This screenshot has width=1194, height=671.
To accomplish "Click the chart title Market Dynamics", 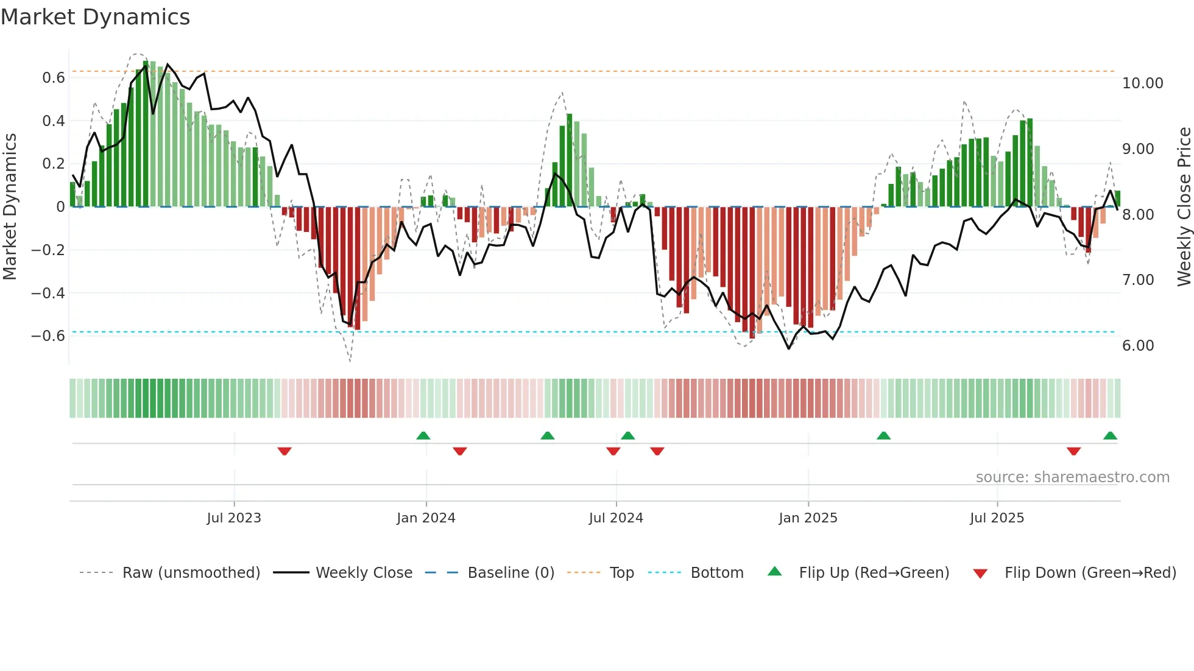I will click(x=95, y=17).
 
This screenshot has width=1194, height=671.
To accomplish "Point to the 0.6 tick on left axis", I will click(x=54, y=78).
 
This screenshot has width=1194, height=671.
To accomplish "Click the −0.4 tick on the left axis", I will click(x=48, y=293).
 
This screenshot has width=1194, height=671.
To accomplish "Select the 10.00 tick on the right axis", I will click(x=1142, y=83).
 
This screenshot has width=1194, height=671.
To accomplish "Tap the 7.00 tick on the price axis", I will click(x=1137, y=280).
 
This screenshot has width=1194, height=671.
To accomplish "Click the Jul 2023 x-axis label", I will click(x=234, y=518).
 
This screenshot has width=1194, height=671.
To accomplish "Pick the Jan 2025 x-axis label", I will click(x=808, y=518).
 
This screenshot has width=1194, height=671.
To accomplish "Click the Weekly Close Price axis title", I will click(x=1184, y=207).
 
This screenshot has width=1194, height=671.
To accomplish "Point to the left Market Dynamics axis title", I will click(x=10, y=207).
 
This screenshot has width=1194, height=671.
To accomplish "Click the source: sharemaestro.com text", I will click(x=1072, y=477).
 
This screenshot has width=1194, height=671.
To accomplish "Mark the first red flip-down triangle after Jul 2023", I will click(x=284, y=451).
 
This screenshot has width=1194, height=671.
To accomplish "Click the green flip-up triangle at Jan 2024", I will click(x=423, y=435).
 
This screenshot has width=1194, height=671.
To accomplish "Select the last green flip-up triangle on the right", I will click(x=1110, y=435).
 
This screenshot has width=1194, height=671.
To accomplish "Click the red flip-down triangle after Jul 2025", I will click(x=1073, y=451).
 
